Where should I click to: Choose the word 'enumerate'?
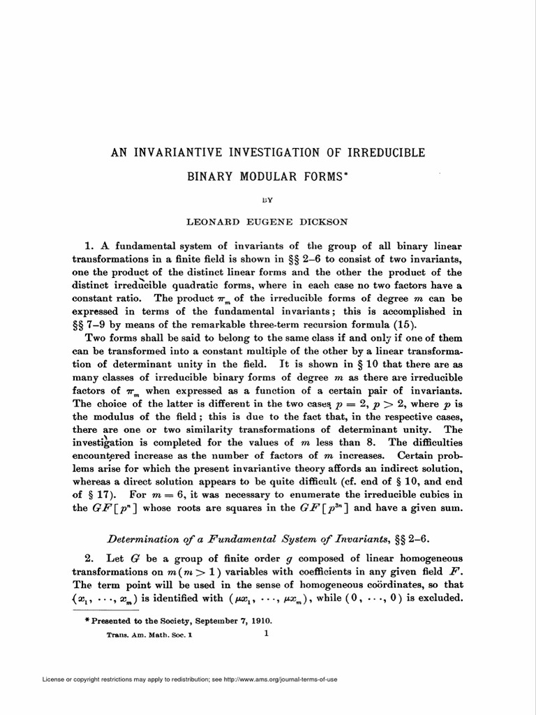302,495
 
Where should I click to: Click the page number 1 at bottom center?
267,633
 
